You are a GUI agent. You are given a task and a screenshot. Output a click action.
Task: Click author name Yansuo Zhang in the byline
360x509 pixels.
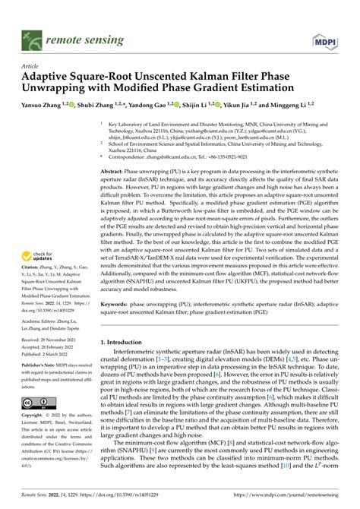(x=46, y=103)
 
